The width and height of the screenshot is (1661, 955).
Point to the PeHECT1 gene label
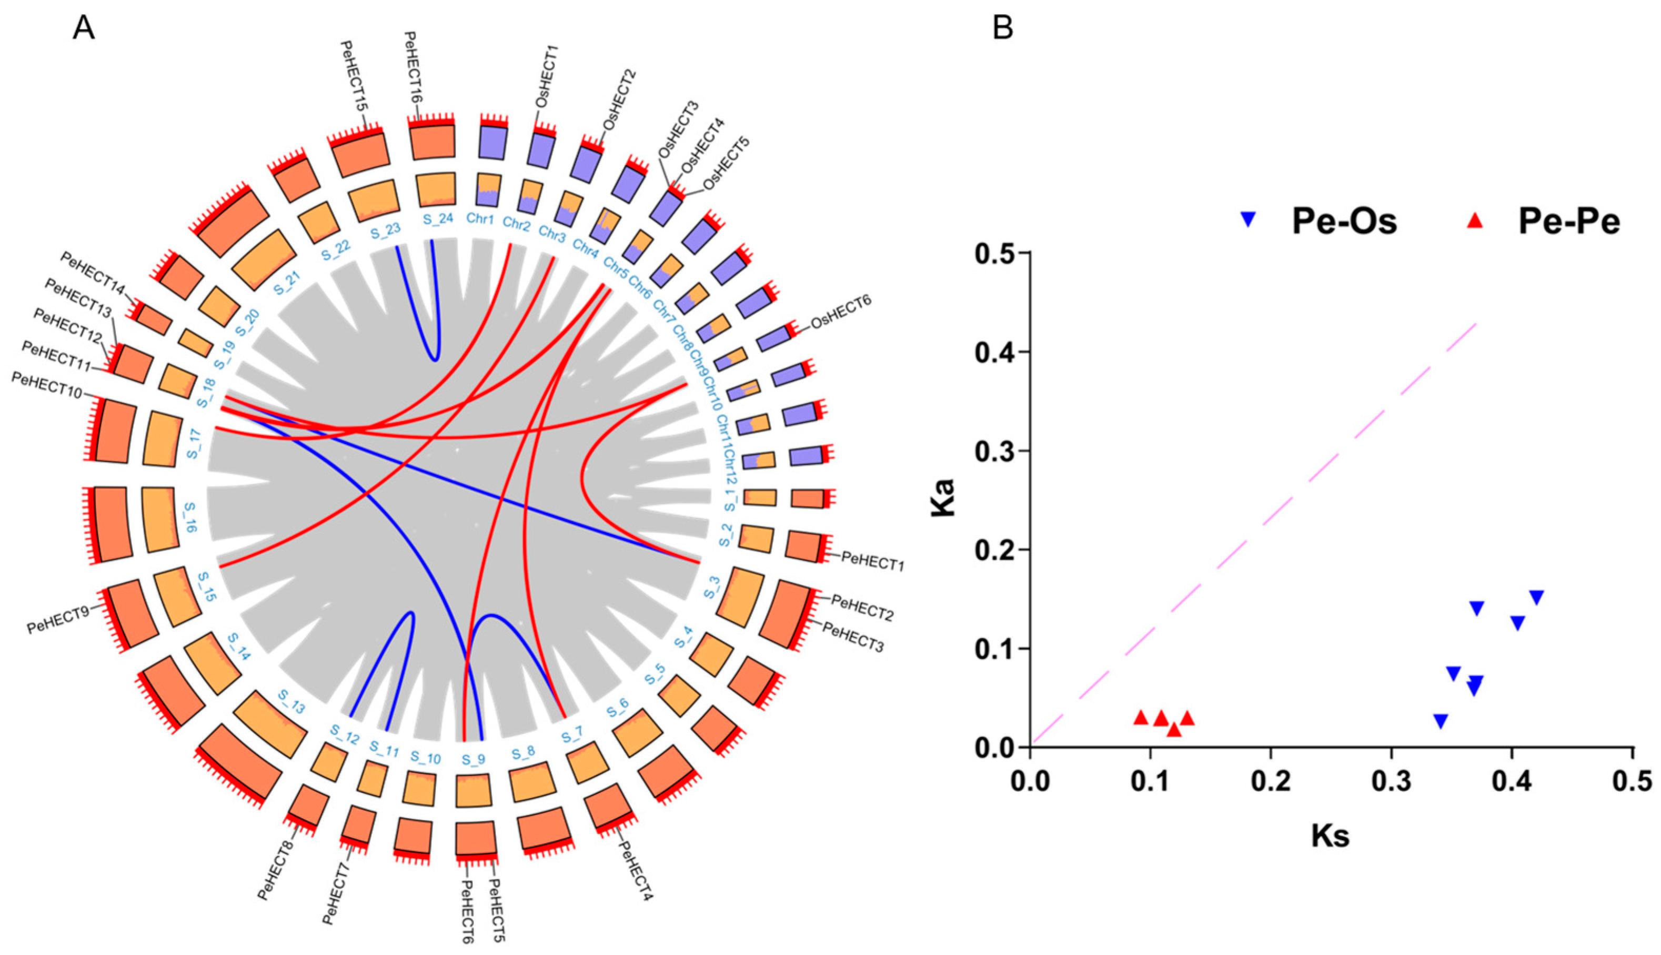click(872, 561)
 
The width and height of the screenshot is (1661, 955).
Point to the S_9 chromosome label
click(472, 760)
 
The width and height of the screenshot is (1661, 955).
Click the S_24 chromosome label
click(434, 220)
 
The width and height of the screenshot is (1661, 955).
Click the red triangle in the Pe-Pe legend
click(1470, 221)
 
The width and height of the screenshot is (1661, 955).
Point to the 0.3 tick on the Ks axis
click(1392, 782)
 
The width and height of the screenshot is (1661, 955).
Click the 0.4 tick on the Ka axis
click(994, 352)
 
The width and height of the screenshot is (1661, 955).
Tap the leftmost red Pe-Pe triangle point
click(1141, 718)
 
